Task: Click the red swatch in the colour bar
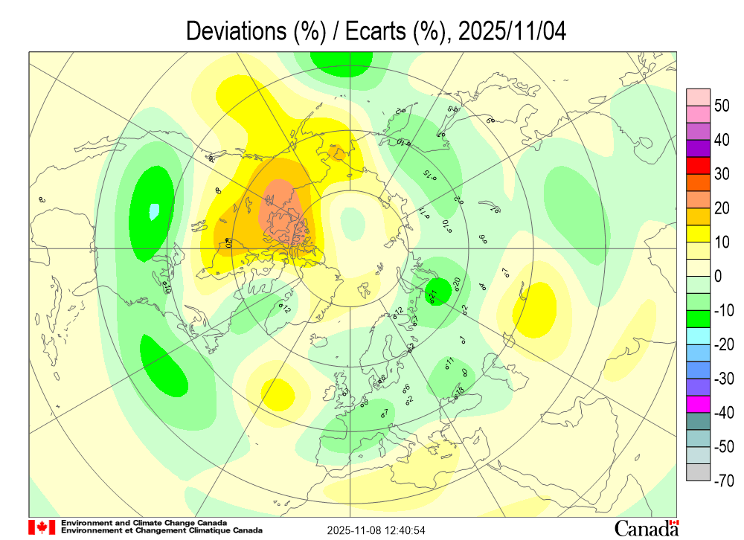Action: (697, 165)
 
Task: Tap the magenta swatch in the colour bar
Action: (697, 405)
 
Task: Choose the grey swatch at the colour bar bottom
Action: (697, 472)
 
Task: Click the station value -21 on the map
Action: (432, 295)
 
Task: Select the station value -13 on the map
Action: (459, 391)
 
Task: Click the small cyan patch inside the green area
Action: (153, 211)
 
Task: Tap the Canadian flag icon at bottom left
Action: (42, 527)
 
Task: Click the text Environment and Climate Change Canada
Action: (144, 523)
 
